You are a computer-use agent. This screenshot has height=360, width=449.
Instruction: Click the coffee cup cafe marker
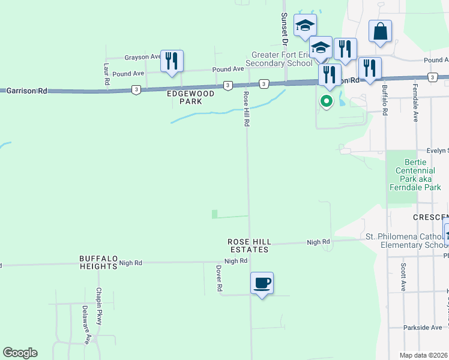coord(262,283)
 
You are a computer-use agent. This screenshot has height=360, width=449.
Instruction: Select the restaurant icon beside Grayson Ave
coord(172,61)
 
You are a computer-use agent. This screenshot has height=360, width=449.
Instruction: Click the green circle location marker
coord(327,101)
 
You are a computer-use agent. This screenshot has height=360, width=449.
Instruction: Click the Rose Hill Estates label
coord(249,245)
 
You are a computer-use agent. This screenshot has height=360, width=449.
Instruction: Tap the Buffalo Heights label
coord(98,262)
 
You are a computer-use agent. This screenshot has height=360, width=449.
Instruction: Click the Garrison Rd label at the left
coord(26,91)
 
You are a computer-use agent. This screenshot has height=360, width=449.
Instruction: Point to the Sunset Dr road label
coord(286,29)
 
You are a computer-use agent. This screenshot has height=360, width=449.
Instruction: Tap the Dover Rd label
coord(219,279)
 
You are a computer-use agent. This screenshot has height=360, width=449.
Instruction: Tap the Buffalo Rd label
coord(385,100)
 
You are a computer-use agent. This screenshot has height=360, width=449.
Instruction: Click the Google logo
coord(20,353)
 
